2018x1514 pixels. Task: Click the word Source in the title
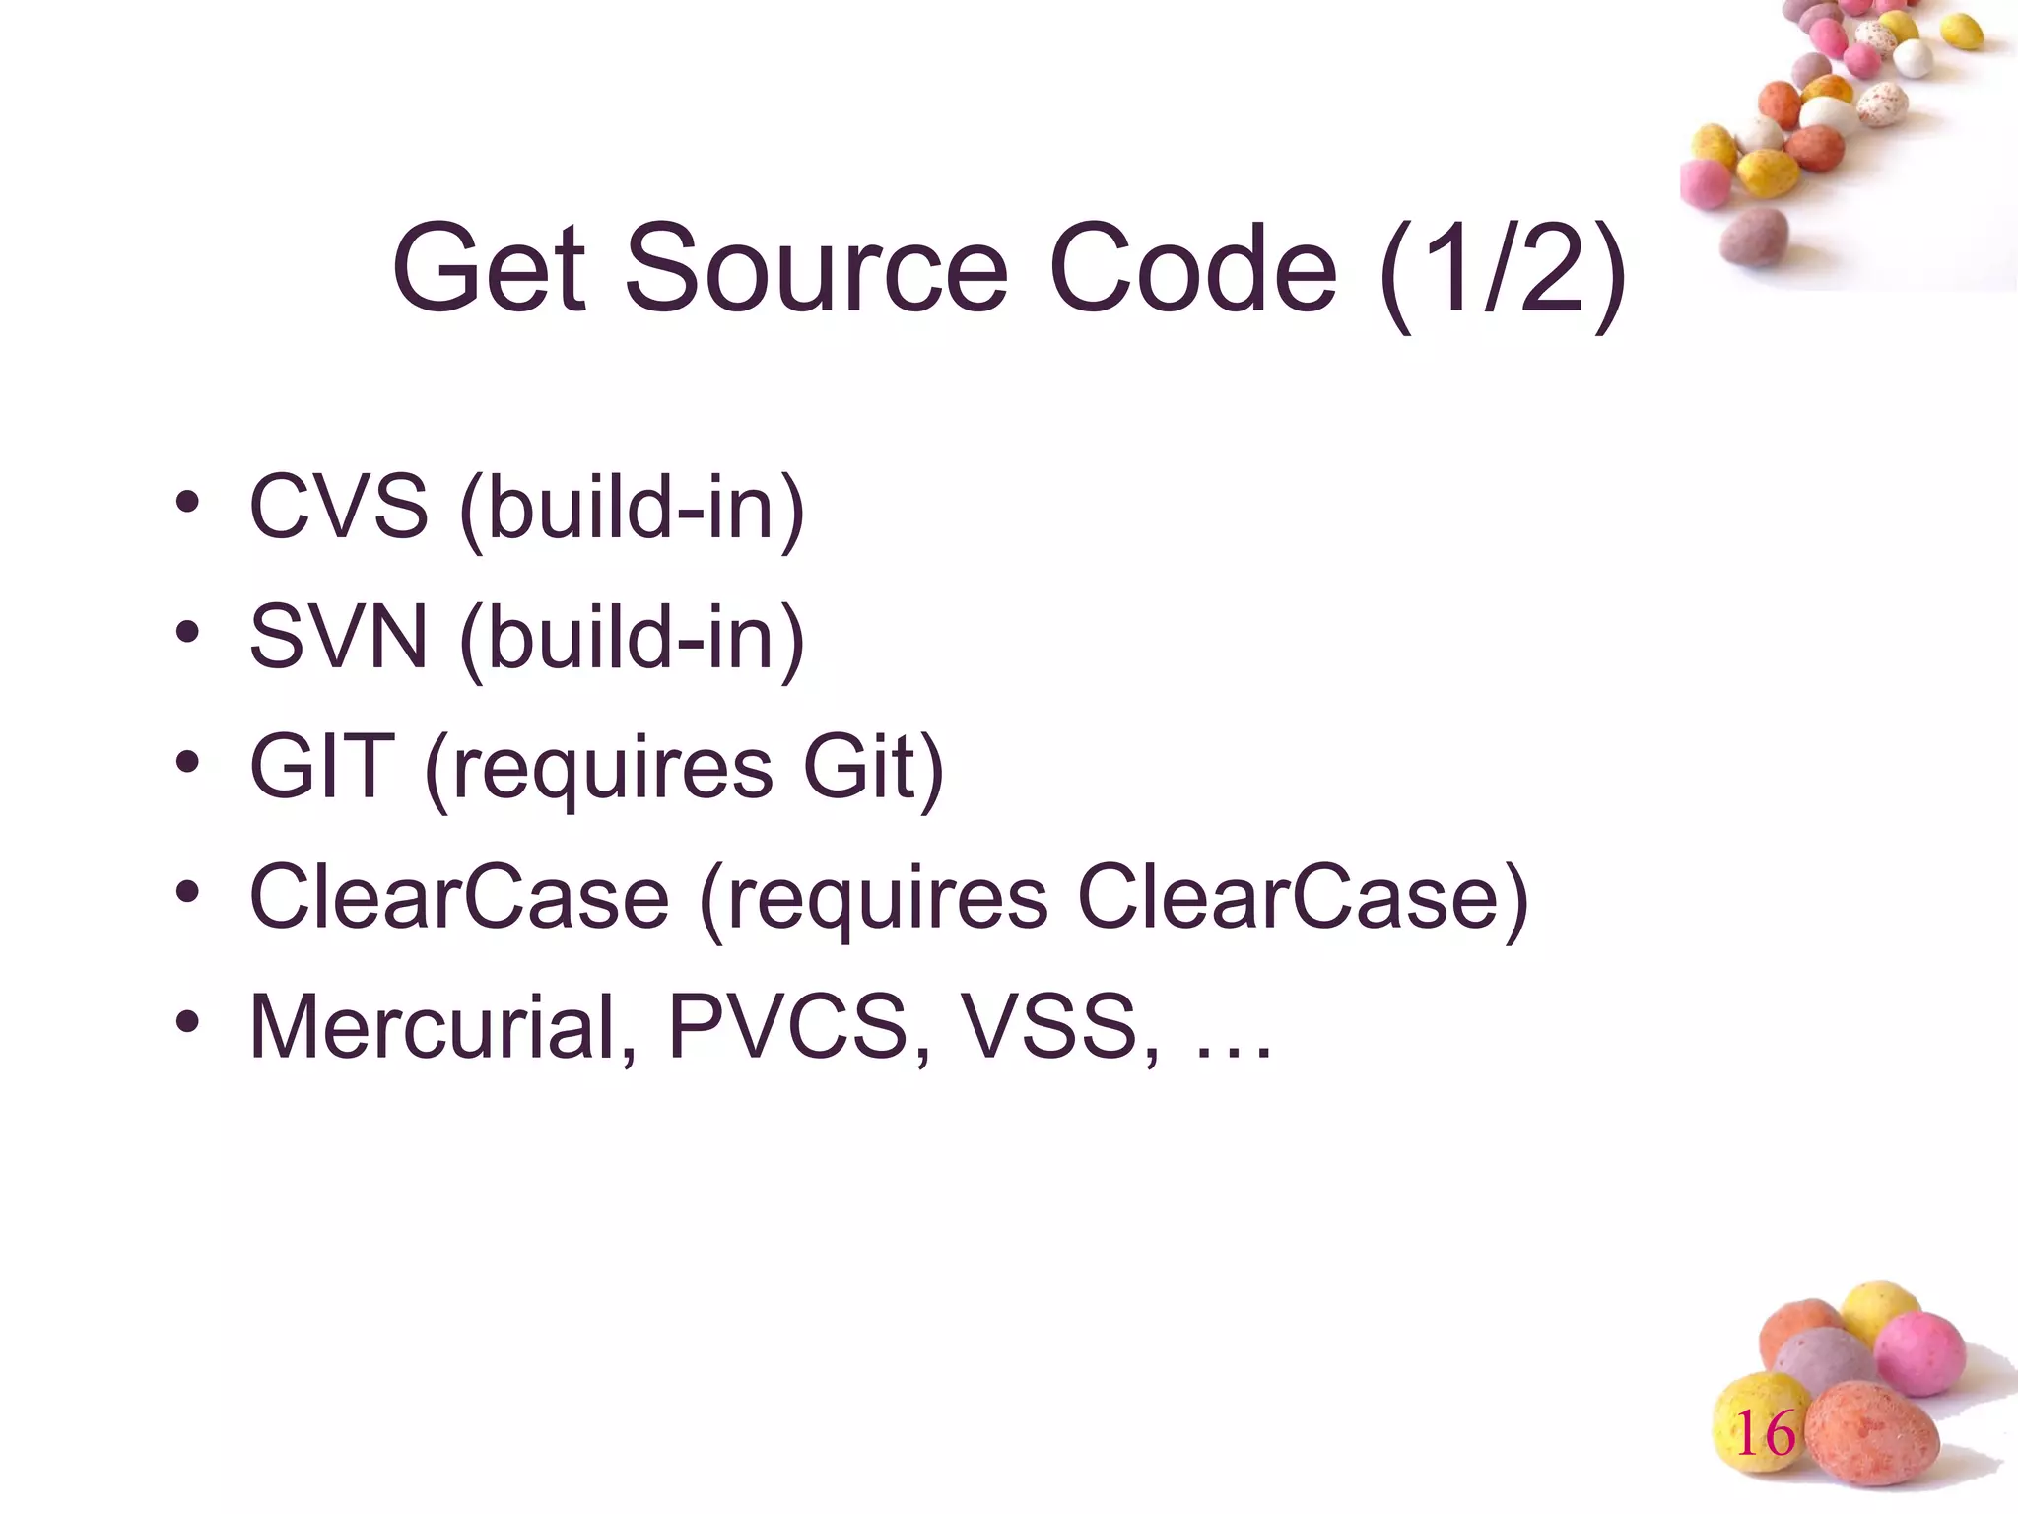(x=817, y=268)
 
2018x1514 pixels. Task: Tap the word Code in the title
(x=1192, y=268)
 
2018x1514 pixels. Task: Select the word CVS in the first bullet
(x=339, y=507)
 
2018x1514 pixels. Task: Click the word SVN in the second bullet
(x=339, y=637)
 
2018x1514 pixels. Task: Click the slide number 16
(x=1765, y=1433)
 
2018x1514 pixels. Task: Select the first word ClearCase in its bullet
(x=459, y=897)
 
